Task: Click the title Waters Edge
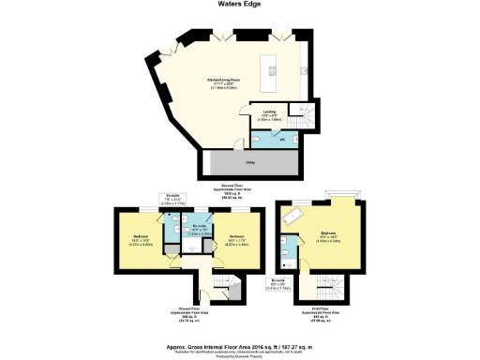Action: pos(239,6)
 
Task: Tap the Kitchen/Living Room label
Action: pos(221,84)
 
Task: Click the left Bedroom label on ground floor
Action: pos(140,238)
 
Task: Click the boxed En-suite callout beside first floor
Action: pos(277,283)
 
